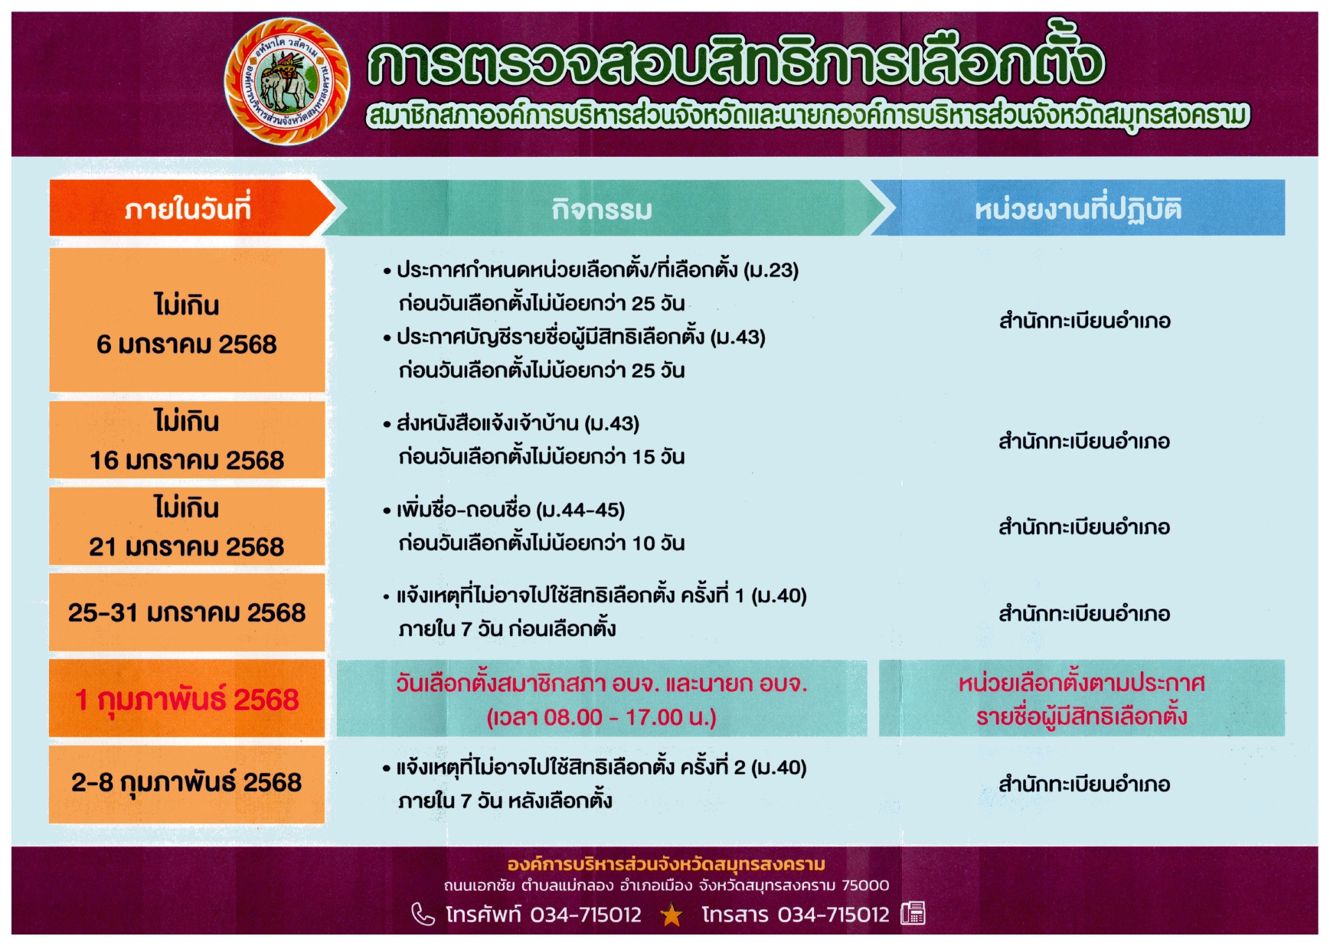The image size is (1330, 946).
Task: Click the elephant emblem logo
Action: click(287, 81)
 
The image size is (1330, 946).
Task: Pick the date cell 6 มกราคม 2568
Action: click(187, 344)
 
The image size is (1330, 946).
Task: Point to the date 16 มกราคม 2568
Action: click(187, 460)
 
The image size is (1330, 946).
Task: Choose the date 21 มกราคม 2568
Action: click(187, 546)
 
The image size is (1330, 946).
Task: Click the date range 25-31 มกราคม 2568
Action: click(187, 613)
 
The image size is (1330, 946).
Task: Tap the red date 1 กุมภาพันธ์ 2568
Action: click(187, 700)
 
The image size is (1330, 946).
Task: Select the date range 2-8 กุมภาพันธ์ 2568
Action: click(187, 783)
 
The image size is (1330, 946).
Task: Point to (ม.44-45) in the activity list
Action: click(580, 510)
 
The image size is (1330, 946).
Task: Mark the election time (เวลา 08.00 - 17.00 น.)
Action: click(602, 718)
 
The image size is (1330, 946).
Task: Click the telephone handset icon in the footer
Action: click(423, 914)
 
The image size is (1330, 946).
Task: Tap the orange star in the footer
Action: click(672, 915)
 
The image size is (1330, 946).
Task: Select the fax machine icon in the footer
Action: click(913, 913)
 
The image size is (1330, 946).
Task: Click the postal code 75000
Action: click(865, 886)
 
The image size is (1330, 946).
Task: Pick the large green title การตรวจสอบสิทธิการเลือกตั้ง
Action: click(735, 60)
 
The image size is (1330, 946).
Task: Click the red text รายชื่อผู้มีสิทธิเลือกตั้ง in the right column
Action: click(1081, 717)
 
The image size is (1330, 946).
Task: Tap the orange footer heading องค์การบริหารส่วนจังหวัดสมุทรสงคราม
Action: click(666, 864)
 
